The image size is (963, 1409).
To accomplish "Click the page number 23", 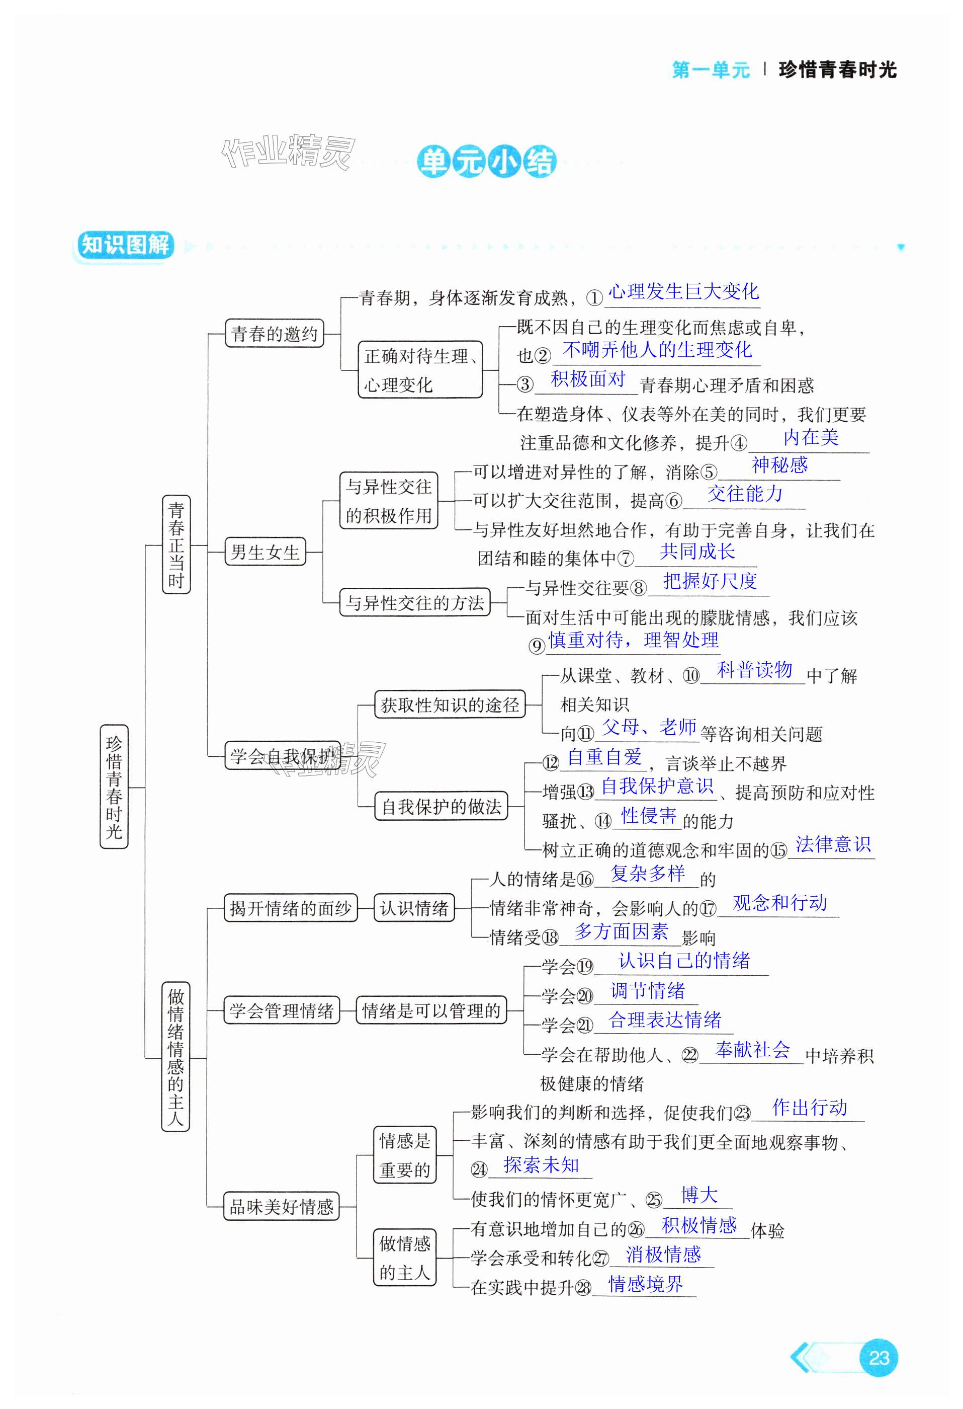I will (x=878, y=1358).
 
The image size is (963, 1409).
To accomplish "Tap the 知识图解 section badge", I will (x=124, y=246).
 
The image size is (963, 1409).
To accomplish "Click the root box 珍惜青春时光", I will (x=114, y=787).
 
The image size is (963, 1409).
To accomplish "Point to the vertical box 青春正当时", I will (x=176, y=544).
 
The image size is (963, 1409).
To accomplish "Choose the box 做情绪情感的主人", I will (x=176, y=1058).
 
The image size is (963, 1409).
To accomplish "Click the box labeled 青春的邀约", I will (x=274, y=334).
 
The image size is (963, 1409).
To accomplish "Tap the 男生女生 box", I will (x=265, y=552).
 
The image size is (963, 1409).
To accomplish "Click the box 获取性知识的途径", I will (x=450, y=704).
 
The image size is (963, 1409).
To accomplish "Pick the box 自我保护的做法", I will (x=441, y=806).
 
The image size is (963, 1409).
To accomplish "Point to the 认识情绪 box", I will (x=414, y=908).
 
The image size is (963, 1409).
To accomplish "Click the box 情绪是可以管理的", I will (x=431, y=1010).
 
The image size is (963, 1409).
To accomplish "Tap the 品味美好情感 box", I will (x=281, y=1207).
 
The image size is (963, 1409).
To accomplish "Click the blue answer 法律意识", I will (x=833, y=844).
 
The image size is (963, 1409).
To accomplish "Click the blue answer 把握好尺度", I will (x=710, y=581).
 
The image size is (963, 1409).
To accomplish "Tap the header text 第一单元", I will (x=710, y=70).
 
